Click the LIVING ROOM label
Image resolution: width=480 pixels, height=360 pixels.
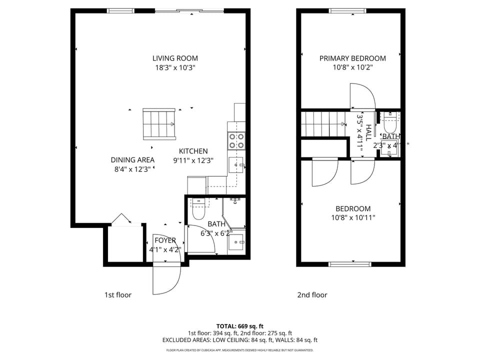coord(175,58)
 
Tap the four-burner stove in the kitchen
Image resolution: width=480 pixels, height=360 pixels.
coord(237,140)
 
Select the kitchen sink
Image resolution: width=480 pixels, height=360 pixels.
coord(236,164)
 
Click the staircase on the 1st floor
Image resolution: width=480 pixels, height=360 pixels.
coord(159,124)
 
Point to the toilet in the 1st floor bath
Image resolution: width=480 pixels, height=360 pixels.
coord(198,210)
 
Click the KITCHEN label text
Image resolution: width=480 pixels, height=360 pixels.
coord(193,151)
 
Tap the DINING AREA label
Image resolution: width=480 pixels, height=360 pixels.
coord(132,160)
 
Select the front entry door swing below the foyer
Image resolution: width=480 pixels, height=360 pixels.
coord(166,278)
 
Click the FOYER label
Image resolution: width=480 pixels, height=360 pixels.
coord(165,240)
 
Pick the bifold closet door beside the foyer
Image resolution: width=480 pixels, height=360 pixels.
coord(121,219)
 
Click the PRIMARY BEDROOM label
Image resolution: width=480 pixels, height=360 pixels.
coord(352,58)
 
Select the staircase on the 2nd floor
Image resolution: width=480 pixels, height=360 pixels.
coord(322,123)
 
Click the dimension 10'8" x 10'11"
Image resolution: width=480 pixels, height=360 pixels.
coord(352,217)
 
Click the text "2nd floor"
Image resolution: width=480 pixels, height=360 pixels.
coord(312,295)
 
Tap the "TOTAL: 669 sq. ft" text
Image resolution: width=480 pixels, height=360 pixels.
coord(239,326)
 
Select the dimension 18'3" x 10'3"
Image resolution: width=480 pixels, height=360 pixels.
coord(175,67)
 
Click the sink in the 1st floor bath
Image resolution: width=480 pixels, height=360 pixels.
coord(235,242)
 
